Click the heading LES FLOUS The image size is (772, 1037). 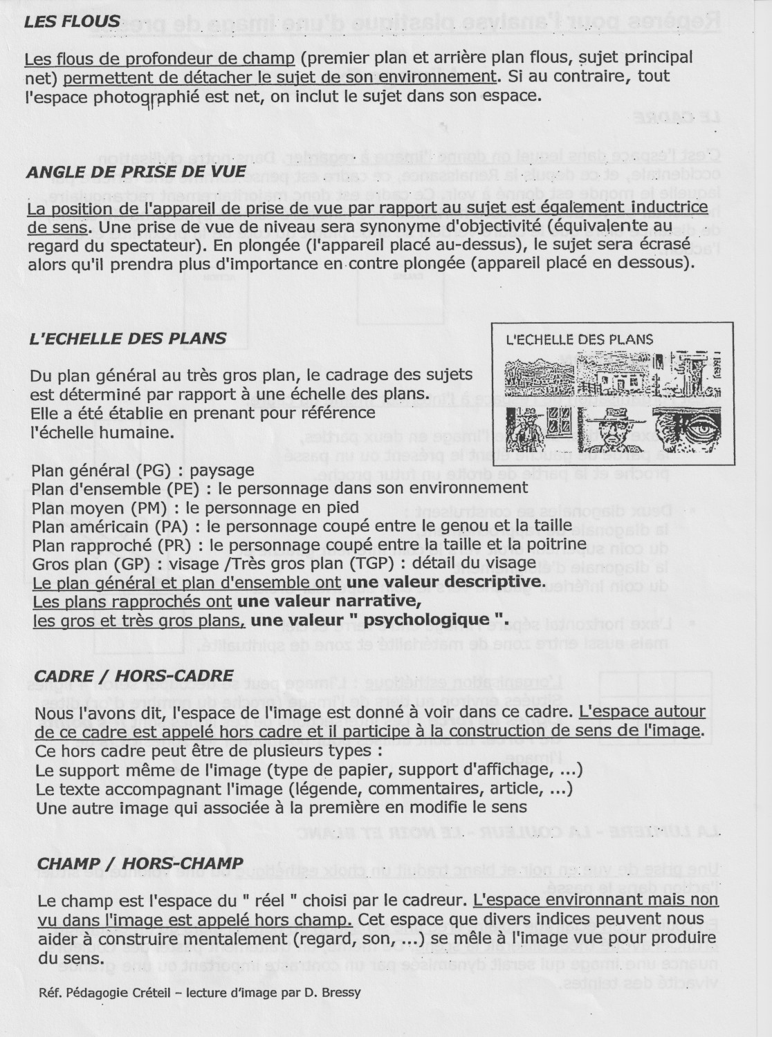[x=72, y=21]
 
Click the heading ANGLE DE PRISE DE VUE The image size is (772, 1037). [x=136, y=171]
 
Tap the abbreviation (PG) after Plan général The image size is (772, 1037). [x=160, y=471]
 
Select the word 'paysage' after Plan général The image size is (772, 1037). [x=222, y=471]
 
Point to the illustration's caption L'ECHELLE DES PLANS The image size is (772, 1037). [x=580, y=339]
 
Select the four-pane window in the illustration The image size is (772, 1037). [x=558, y=420]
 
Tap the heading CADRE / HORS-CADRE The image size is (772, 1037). [x=134, y=675]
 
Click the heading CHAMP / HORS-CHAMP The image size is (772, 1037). [x=140, y=863]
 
